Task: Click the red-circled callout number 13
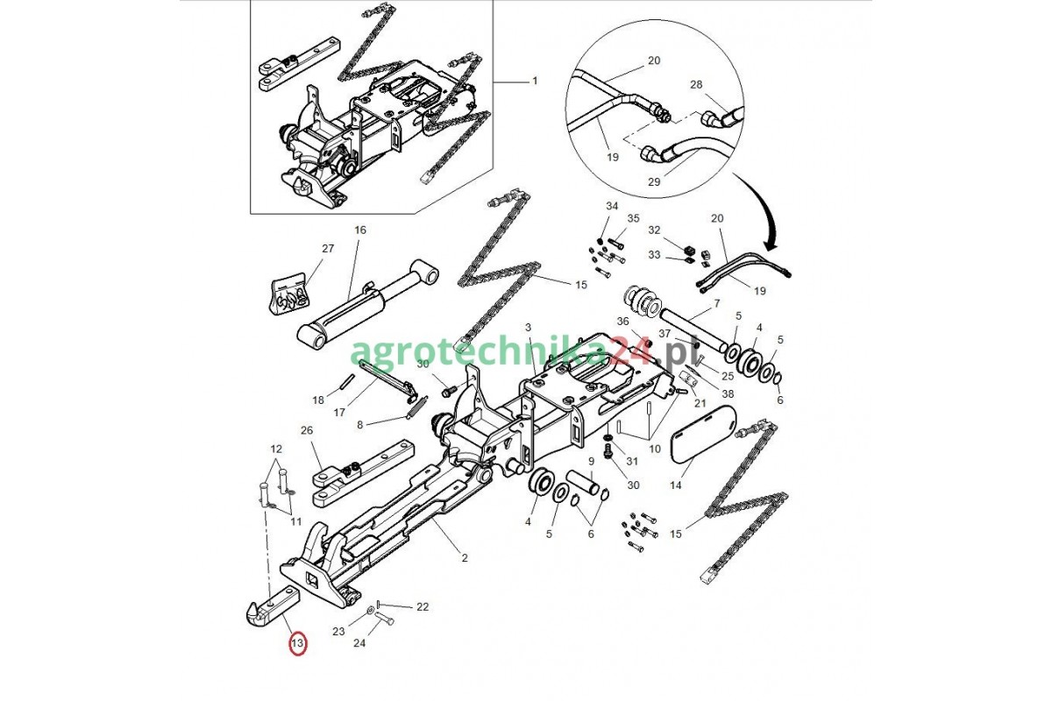click(x=298, y=642)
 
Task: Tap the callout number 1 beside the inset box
click(x=535, y=81)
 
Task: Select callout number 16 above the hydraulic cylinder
click(x=359, y=230)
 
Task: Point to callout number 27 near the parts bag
click(x=328, y=248)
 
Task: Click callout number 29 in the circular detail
click(x=654, y=181)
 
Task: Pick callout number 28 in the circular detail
click(x=696, y=84)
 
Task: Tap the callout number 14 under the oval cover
click(x=675, y=485)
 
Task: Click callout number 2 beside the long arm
click(x=465, y=558)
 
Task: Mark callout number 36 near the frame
click(x=622, y=322)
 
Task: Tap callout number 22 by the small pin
click(x=423, y=607)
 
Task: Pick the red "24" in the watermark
click(x=632, y=351)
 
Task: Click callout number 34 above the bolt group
click(x=612, y=206)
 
